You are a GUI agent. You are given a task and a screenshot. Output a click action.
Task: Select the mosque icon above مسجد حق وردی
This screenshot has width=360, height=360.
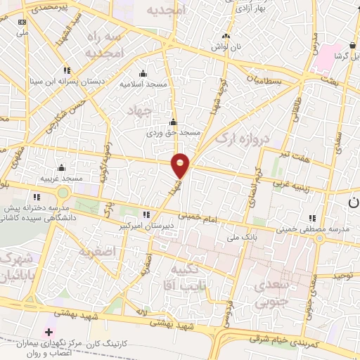pos(173,122)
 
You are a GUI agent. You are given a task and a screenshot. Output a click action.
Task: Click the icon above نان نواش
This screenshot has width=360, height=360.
pos(225,37)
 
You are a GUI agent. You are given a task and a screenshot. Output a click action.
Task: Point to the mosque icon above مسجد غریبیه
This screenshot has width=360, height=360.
pos(62,167)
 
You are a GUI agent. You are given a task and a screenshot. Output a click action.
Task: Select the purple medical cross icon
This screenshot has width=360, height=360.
pos(48,332)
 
